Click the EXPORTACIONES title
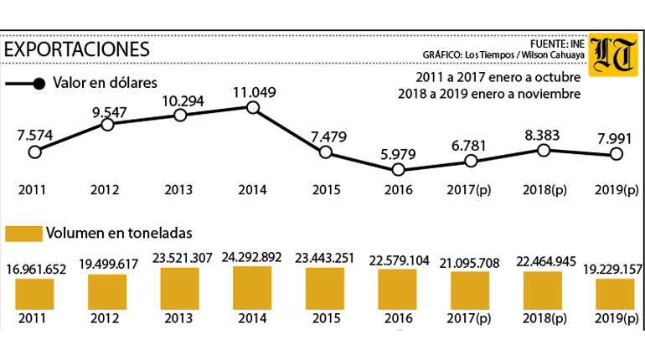coord(76,49)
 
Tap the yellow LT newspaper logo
coord(613,54)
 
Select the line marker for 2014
coord(253,108)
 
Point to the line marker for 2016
coord(398,169)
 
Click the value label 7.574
coord(35,135)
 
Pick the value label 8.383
coord(542,135)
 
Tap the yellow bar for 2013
coord(180,289)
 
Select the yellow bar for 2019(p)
coord(615,294)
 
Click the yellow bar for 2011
coord(34,294)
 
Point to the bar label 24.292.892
coord(252,257)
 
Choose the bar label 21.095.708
coord(469,263)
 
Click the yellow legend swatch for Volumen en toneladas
coord(23,234)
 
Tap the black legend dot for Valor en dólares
coord(39,84)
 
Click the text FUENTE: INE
coord(557,44)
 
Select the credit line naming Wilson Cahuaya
coord(503,54)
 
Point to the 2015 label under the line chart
coord(326,190)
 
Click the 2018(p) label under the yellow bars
coord(544,318)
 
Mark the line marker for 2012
coord(107,124)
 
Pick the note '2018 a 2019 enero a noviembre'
coord(489,94)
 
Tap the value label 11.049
coord(254,92)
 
